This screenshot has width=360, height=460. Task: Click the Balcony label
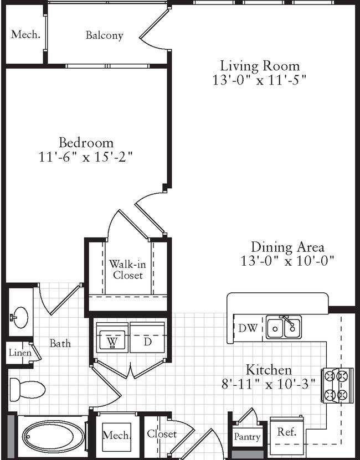[x=104, y=35]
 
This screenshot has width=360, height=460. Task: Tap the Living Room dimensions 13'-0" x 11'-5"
[x=260, y=80]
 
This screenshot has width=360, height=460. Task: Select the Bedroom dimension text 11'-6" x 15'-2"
[x=86, y=157]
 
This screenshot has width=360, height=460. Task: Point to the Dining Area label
[x=288, y=247]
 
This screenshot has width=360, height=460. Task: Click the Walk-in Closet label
[x=128, y=270]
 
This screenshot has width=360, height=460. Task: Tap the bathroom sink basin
[x=20, y=317]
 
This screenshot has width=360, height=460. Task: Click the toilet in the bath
[x=28, y=390]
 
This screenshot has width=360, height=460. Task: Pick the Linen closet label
[x=20, y=352]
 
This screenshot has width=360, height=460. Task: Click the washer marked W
[x=112, y=337]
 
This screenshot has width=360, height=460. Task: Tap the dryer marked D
[x=147, y=337]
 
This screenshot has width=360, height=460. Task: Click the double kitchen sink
[x=284, y=327]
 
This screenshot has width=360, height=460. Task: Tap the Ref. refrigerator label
[x=287, y=432]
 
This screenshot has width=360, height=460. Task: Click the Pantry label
[x=247, y=437]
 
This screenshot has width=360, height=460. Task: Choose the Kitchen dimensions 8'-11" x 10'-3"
[x=269, y=384]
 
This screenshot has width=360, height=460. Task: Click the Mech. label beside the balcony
[x=25, y=35]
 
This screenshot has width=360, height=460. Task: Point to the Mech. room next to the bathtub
[x=116, y=435]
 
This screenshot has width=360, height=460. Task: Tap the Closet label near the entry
[x=162, y=434]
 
